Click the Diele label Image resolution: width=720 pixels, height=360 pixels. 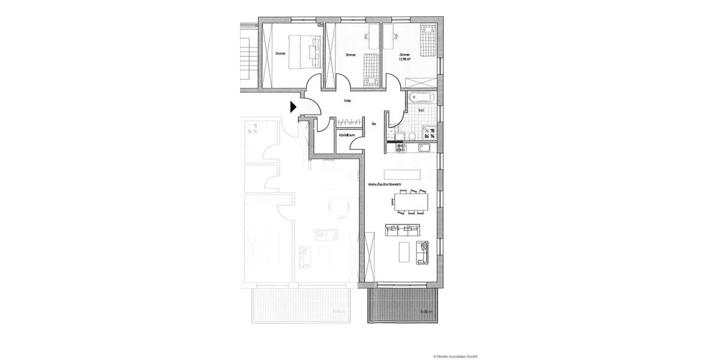coord(347,101)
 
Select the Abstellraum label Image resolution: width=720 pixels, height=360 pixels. coord(347,136)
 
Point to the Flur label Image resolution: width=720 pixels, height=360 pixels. coord(373,124)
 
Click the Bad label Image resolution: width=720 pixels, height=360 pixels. coord(421,110)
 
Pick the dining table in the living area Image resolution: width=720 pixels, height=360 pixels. coord(413,202)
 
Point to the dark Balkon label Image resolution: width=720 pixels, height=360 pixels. coord(427,312)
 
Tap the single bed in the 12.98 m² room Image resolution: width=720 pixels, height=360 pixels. coord(427,41)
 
